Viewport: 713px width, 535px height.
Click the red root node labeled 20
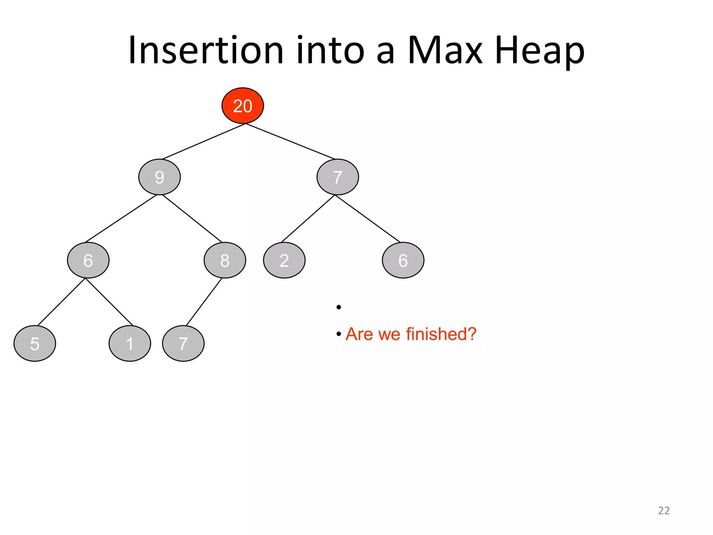tap(243, 106)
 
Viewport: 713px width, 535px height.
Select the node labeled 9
tap(159, 177)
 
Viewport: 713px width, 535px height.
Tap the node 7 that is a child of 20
tap(337, 177)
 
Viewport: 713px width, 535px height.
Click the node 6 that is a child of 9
tap(88, 260)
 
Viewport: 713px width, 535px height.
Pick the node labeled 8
tap(225, 260)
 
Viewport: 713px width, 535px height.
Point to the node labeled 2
tap(284, 260)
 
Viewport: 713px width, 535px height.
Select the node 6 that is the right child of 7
tap(403, 260)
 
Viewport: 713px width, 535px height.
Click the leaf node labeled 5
tap(34, 343)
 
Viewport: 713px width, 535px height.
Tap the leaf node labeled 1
tap(130, 343)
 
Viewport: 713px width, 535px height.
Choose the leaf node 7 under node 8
tap(183, 343)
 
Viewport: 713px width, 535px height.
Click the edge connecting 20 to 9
tap(204, 141)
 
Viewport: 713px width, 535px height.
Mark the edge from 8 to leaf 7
tap(204, 302)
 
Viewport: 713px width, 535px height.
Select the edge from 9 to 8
tap(192, 218)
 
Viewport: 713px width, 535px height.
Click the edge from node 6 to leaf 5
tap(61, 302)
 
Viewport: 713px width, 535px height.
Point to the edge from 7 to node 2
tap(308, 219)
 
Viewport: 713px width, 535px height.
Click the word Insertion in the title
tap(205, 51)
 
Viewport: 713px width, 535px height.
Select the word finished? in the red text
tap(441, 334)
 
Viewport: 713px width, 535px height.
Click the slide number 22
tap(664, 510)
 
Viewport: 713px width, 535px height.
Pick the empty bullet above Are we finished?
tap(338, 307)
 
